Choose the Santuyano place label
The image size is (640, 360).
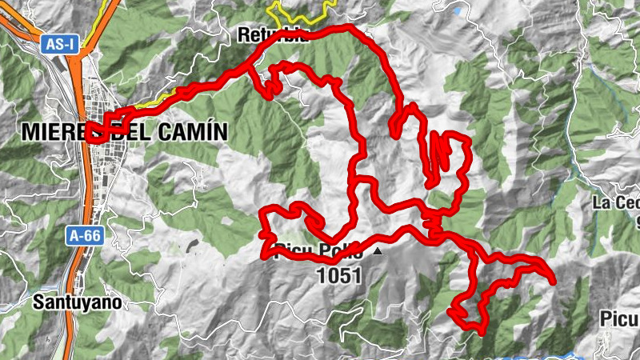point(78,302)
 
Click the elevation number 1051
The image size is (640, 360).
point(340,276)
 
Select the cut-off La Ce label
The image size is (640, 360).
point(617,202)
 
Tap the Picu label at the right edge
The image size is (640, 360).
point(620,319)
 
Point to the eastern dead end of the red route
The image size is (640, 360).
point(552,279)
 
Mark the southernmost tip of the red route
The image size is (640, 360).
point(480,330)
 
